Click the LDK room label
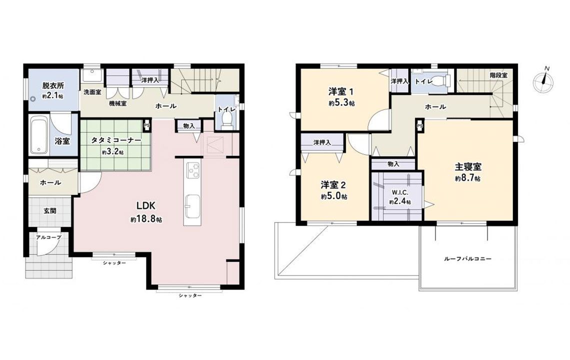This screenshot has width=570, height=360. pos(146,206)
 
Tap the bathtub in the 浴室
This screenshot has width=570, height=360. pos(39,135)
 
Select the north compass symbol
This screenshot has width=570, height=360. pos(543,81)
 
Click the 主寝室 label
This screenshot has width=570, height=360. pos(468,167)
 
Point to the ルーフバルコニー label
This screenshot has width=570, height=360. pos(467,259)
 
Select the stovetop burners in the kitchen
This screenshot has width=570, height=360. pos(193,170)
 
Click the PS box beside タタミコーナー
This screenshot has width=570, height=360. pos(147,125)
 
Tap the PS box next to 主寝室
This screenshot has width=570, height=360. pos(420,126)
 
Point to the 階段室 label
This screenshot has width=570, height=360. pos(498,75)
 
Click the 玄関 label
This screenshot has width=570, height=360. pos(50,211)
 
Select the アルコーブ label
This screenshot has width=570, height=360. pos(48,237)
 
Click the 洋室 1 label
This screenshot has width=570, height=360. pos(341,91)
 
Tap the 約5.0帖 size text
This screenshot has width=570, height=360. pos(333,196)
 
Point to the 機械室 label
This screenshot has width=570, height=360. pos(118,104)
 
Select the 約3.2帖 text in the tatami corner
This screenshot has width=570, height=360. pos(112,152)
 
